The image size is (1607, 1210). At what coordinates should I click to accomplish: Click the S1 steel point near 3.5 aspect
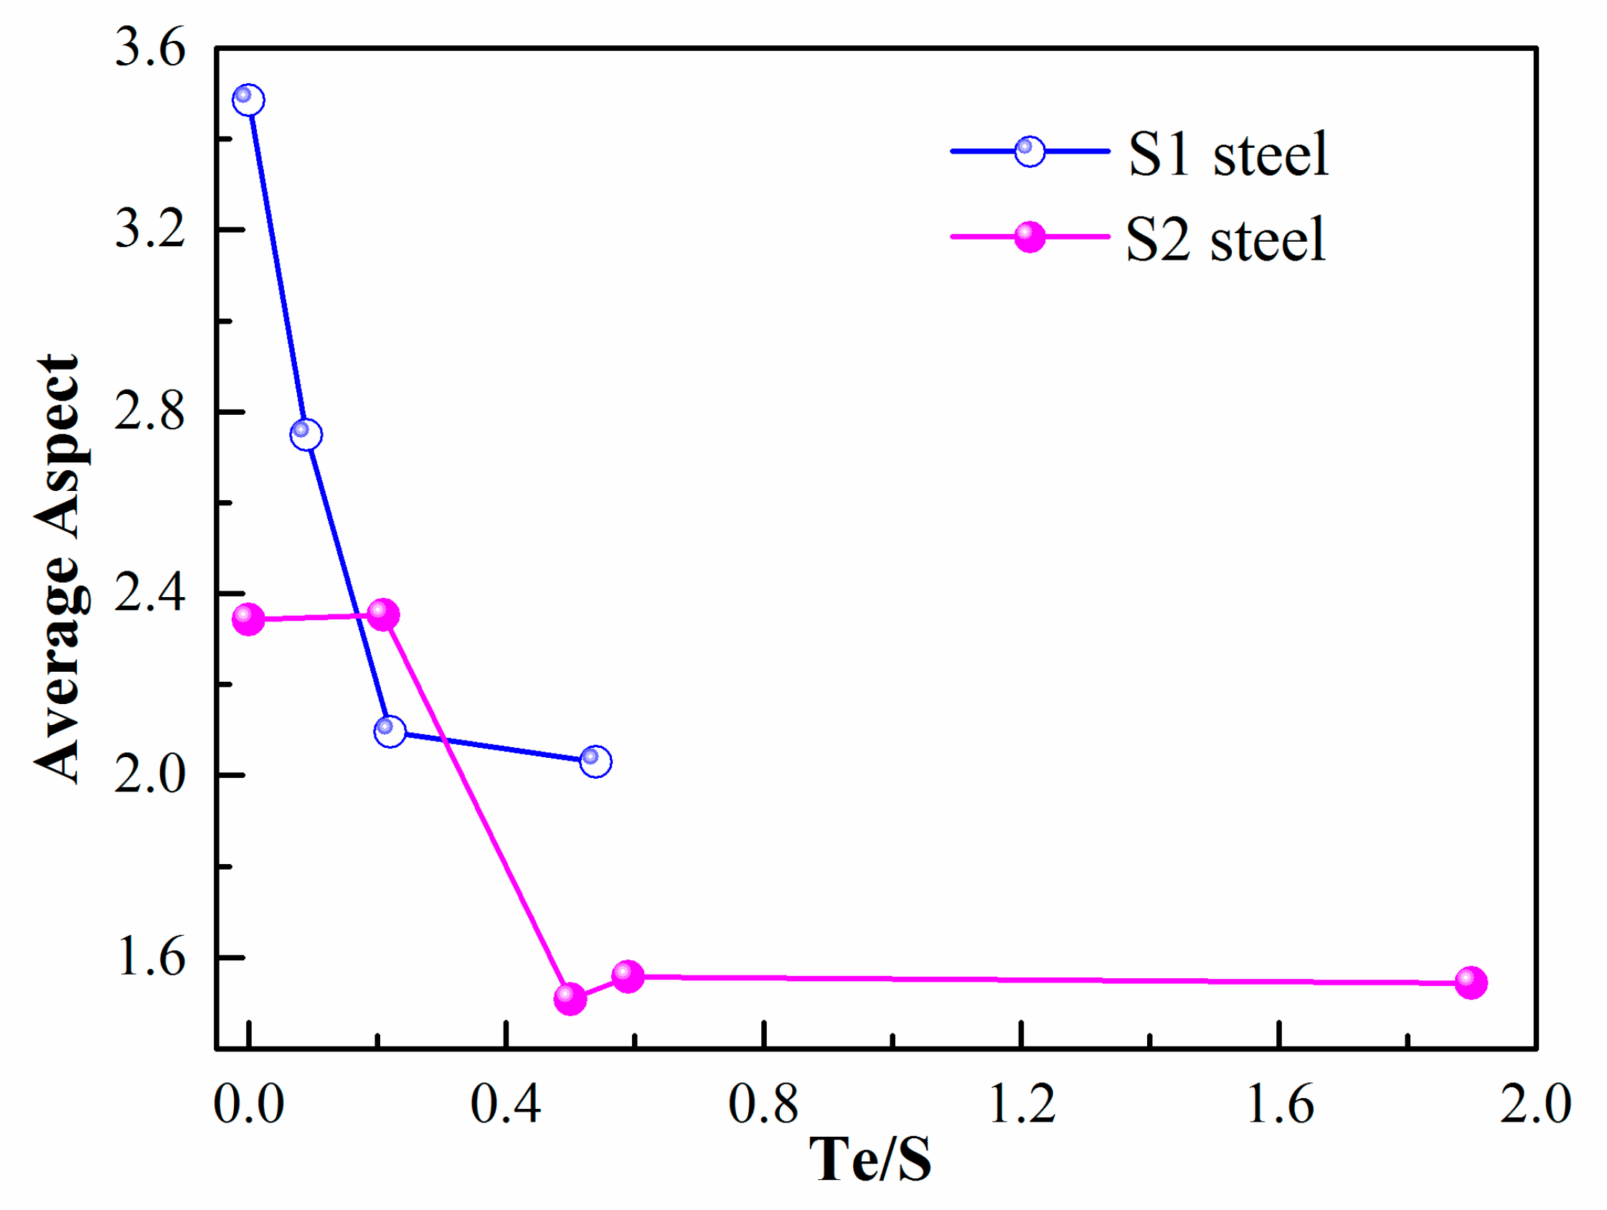tap(248, 100)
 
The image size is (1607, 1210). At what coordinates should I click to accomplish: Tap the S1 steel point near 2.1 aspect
tap(390, 731)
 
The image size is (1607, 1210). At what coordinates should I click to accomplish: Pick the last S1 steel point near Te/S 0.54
tap(595, 761)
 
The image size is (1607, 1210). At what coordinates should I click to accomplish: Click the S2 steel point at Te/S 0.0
tap(248, 619)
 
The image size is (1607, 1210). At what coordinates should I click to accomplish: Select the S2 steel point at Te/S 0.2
tap(384, 615)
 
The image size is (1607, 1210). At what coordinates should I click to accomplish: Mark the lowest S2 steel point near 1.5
tap(570, 998)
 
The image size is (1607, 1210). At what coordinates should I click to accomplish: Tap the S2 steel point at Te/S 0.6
tap(628, 976)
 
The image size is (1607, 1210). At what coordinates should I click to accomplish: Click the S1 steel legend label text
tap(1227, 154)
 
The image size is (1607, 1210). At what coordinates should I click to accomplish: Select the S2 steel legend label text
tap(1225, 240)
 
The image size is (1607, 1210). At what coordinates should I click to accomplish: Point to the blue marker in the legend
tap(1029, 151)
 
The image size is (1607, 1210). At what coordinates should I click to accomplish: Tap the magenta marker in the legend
tap(1029, 237)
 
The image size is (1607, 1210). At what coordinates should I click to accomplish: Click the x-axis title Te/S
tap(870, 1159)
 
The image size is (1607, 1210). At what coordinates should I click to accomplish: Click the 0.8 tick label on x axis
tap(763, 1104)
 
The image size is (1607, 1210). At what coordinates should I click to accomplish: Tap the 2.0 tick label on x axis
tap(1535, 1104)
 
